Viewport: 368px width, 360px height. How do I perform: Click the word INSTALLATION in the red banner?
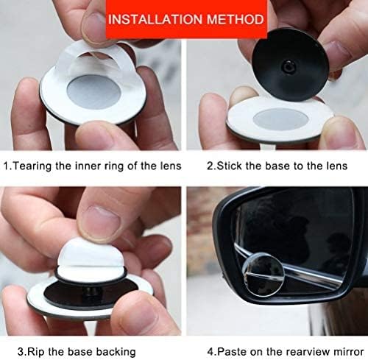155,19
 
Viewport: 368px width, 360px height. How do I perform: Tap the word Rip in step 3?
35,352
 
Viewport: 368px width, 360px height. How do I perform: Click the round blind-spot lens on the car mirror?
263,275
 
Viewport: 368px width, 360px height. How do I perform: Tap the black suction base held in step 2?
290,65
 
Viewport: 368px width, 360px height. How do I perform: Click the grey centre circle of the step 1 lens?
94,92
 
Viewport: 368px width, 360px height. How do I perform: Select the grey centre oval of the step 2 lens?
280,120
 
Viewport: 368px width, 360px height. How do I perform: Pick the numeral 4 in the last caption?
210,352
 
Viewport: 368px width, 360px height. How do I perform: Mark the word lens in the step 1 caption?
171,166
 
